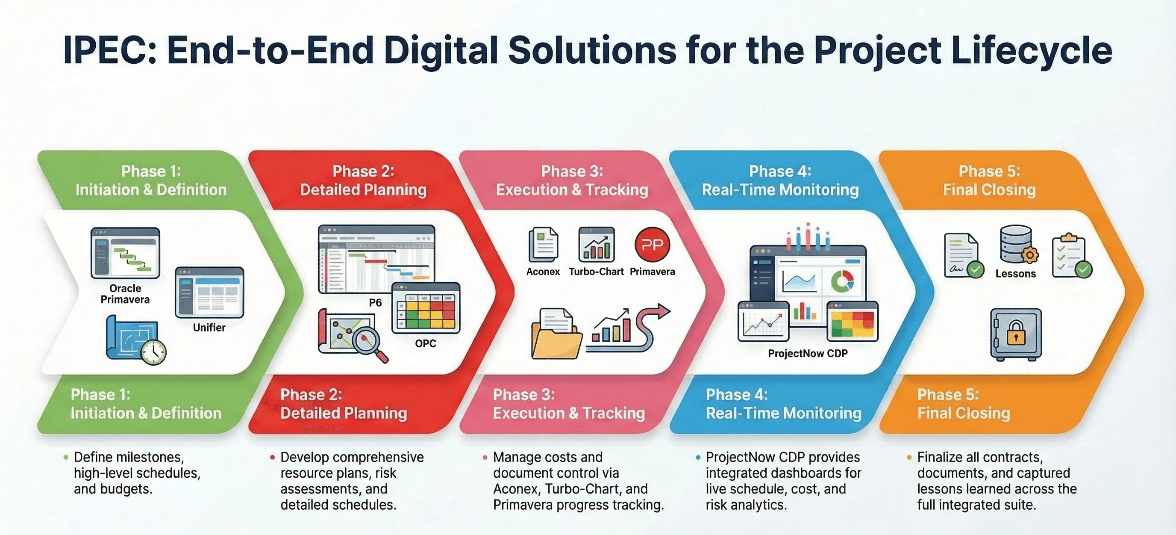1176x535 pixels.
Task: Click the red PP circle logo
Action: pos(652,245)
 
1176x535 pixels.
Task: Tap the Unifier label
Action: pos(209,328)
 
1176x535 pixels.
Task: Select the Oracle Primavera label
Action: pos(125,294)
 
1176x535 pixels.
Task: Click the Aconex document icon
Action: pos(543,245)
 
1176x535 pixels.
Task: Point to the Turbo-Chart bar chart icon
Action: pos(596,245)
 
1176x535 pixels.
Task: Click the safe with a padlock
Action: pos(1016,335)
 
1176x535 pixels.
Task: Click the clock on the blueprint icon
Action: pos(153,352)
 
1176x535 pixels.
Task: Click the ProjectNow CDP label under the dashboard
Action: pos(808,354)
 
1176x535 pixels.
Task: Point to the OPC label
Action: pos(426,343)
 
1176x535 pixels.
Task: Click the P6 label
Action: pos(375,302)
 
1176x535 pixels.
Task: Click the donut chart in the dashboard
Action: pos(842,281)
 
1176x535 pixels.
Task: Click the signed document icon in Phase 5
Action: pos(964,256)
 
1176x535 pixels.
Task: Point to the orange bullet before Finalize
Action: pos(909,457)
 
